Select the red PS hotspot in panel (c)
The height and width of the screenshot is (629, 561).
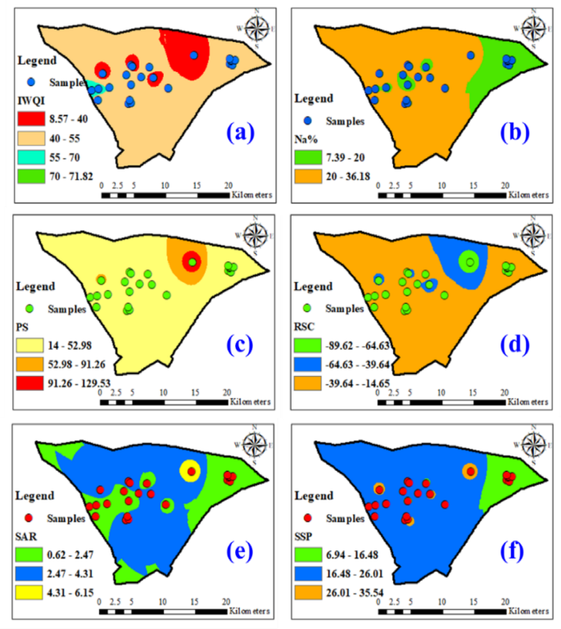[x=191, y=262]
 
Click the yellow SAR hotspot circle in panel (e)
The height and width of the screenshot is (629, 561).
[x=190, y=470]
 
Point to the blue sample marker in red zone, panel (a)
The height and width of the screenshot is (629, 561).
[x=194, y=56]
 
